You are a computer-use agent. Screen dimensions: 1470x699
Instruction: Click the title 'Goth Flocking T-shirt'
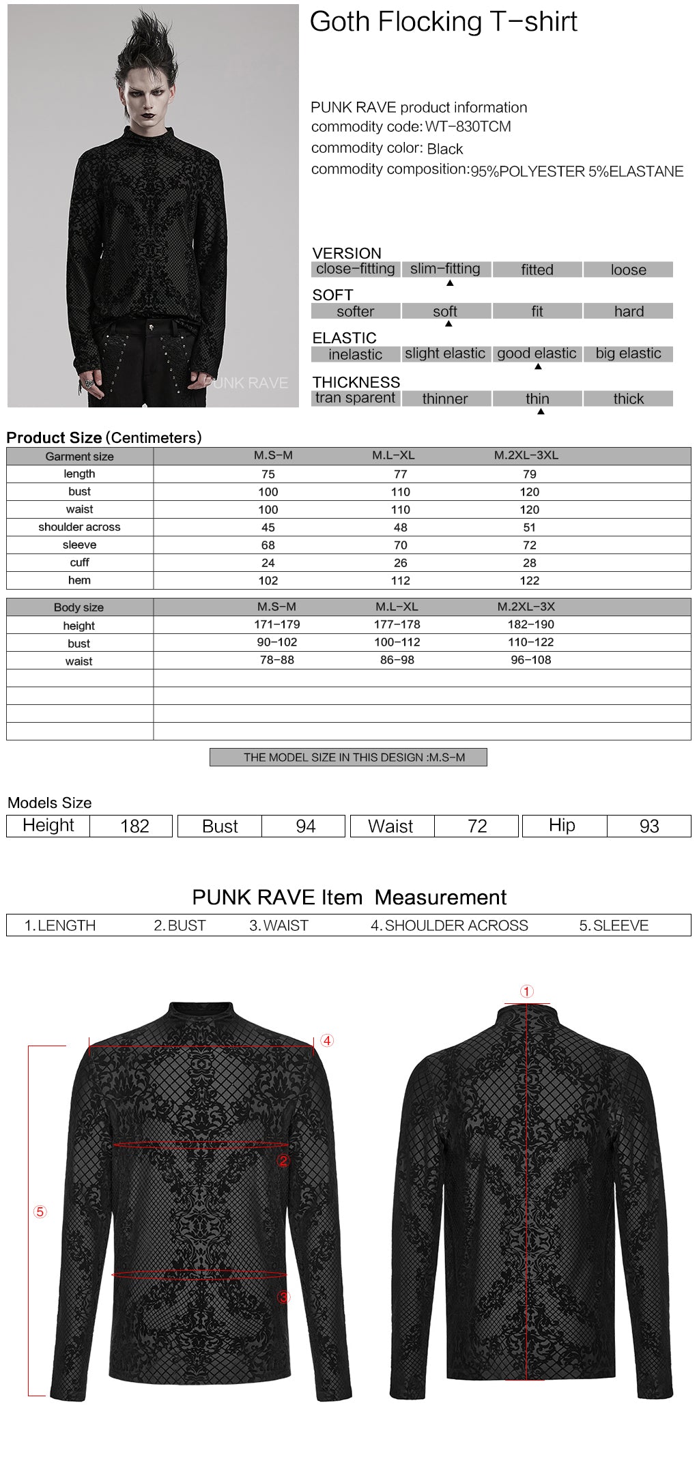pyautogui.click(x=443, y=23)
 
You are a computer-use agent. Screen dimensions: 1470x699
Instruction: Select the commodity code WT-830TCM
pyautogui.click(x=468, y=127)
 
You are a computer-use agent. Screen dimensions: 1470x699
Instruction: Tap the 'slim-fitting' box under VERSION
pyautogui.click(x=445, y=269)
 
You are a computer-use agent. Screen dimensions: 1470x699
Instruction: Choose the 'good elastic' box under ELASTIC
pyautogui.click(x=537, y=354)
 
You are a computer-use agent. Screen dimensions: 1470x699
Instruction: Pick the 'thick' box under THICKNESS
pyautogui.click(x=628, y=399)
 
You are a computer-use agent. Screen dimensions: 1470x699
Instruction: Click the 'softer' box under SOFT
pyautogui.click(x=355, y=311)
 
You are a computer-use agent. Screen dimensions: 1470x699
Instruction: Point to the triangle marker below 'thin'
pyautogui.click(x=541, y=412)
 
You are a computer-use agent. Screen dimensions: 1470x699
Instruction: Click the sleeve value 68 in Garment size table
pyautogui.click(x=268, y=545)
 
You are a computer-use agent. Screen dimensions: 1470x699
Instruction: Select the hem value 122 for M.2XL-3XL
pyautogui.click(x=529, y=581)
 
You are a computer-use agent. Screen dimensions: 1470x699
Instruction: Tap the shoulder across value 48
pyautogui.click(x=400, y=528)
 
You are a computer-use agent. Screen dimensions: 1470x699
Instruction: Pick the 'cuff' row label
pyautogui.click(x=79, y=562)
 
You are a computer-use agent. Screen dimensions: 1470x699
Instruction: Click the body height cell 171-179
pyautogui.click(x=276, y=624)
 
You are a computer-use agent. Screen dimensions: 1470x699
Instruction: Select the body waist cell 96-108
pyautogui.click(x=530, y=660)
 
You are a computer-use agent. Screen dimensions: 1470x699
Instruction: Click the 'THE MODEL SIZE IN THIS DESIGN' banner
pyautogui.click(x=348, y=757)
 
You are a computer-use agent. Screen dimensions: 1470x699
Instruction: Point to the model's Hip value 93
pyautogui.click(x=648, y=826)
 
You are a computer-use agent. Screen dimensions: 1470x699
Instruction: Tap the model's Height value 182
pyautogui.click(x=134, y=826)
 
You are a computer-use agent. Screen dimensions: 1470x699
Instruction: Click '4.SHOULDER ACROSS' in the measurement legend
pyautogui.click(x=449, y=925)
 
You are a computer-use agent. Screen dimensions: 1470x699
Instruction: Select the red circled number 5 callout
pyautogui.click(x=40, y=1211)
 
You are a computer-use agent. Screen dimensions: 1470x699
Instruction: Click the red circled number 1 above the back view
pyautogui.click(x=526, y=991)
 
